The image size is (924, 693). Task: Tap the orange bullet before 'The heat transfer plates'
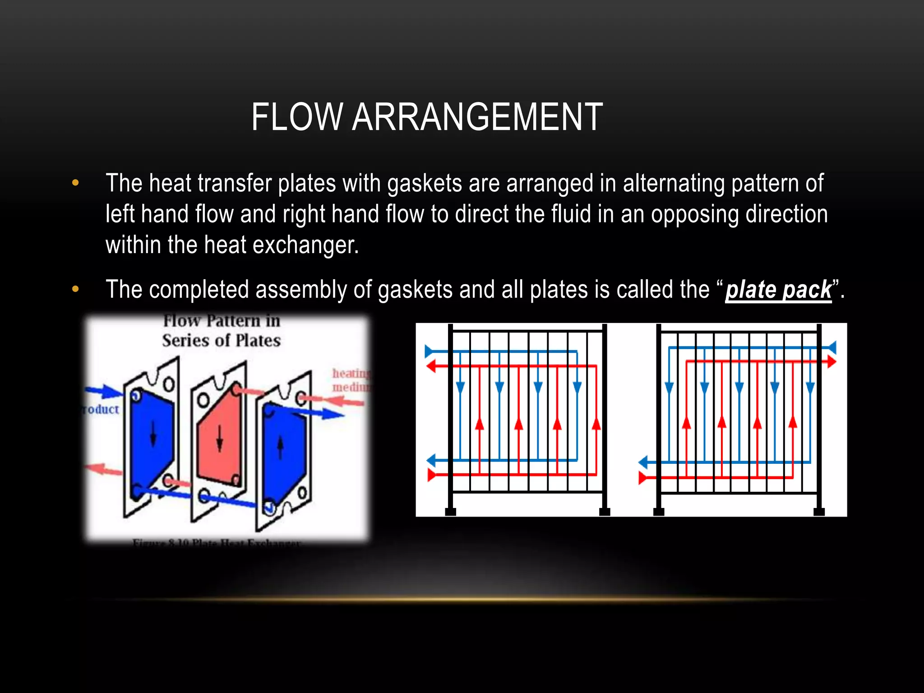coord(75,183)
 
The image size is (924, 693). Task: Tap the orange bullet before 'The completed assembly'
coord(75,289)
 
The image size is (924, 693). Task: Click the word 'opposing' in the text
coord(693,214)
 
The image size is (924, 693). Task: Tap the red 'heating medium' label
coord(351,380)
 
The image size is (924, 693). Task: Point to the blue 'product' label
coord(101,409)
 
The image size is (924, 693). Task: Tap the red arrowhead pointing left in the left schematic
coord(431,366)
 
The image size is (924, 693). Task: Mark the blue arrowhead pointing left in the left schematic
coord(431,461)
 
